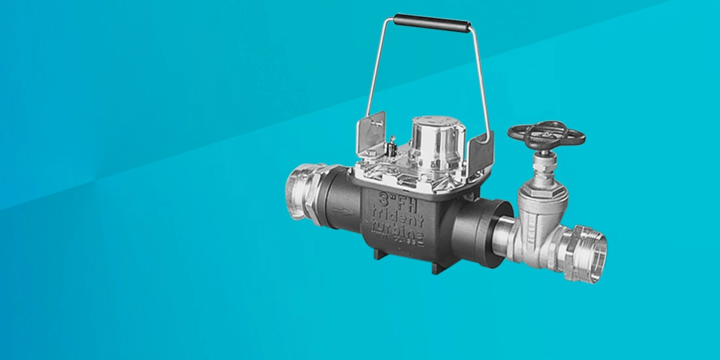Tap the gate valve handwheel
[x=545, y=134]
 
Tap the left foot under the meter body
[x=380, y=254]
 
